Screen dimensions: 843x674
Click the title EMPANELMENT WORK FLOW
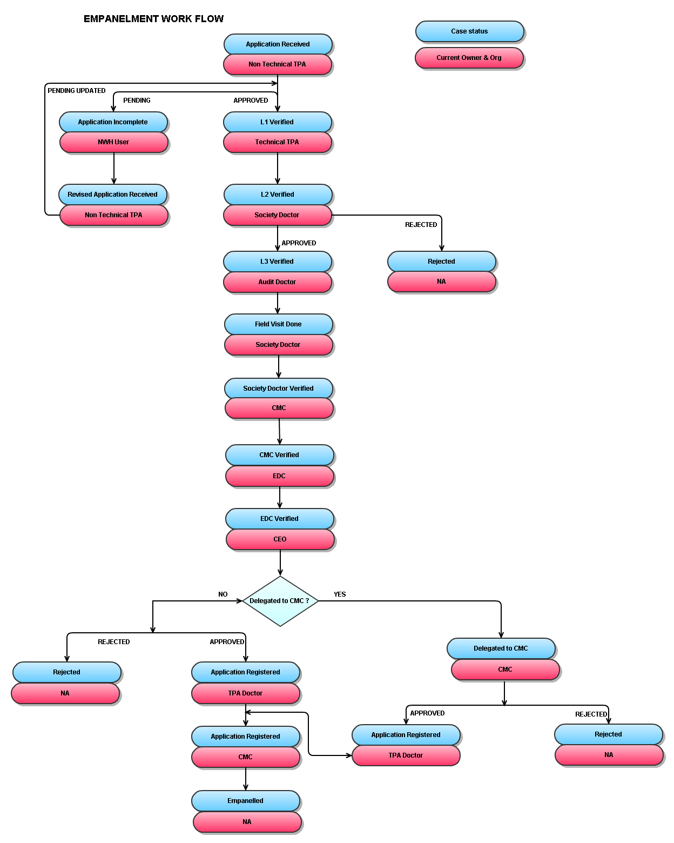(x=153, y=19)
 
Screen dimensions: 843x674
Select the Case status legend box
(x=469, y=31)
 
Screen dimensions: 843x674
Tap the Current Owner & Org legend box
(x=469, y=58)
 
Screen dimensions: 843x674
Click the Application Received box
(x=278, y=44)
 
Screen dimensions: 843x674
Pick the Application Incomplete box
(x=113, y=122)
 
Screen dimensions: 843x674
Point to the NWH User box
(x=113, y=142)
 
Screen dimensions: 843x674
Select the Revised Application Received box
(x=112, y=195)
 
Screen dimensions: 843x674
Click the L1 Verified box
(x=277, y=122)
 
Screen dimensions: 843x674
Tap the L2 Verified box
(x=277, y=195)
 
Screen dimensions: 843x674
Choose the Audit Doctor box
(x=277, y=282)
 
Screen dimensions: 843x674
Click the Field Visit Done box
(x=278, y=324)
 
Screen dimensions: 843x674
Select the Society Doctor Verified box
(x=278, y=389)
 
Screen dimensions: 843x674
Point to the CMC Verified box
(x=279, y=455)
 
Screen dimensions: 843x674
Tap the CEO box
(x=280, y=539)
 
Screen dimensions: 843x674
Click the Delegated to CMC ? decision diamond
(x=280, y=601)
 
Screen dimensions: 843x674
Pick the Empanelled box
(x=245, y=801)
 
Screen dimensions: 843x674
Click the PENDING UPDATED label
(x=77, y=91)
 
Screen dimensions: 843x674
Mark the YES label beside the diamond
(x=340, y=594)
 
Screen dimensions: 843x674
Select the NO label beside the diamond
(x=223, y=594)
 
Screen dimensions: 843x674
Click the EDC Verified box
(x=279, y=519)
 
